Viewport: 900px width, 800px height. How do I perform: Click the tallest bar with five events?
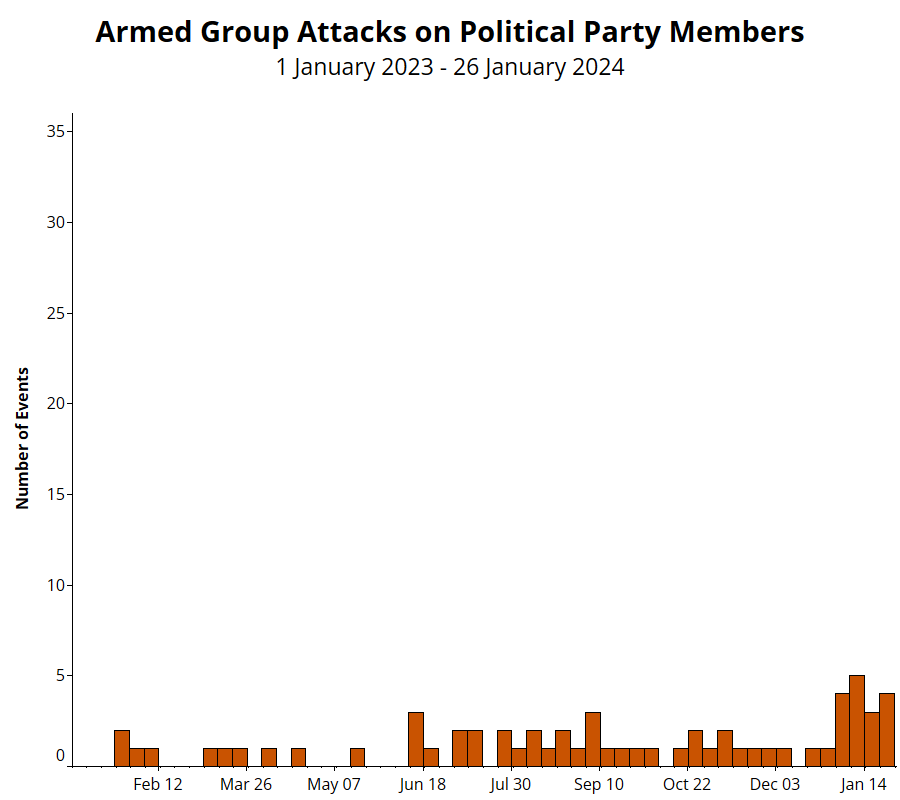pyautogui.click(x=857, y=720)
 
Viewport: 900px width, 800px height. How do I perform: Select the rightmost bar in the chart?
pyautogui.click(x=887, y=729)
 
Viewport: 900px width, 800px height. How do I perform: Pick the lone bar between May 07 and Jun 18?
pyautogui.click(x=357, y=757)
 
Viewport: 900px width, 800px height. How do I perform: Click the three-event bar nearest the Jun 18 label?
pyautogui.click(x=416, y=739)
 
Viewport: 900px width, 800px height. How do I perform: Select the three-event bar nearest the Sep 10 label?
pyautogui.click(x=593, y=739)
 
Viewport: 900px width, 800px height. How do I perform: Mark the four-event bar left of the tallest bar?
pyautogui.click(x=842, y=729)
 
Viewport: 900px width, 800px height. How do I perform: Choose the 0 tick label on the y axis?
pyautogui.click(x=60, y=757)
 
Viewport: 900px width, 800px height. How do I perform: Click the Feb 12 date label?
pyautogui.click(x=158, y=784)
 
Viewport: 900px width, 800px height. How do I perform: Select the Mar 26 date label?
pyautogui.click(x=246, y=784)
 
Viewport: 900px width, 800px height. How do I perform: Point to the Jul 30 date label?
pyautogui.click(x=510, y=784)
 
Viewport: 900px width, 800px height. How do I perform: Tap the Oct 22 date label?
pyautogui.click(x=687, y=784)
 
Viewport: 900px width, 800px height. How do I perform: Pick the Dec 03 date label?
pyautogui.click(x=775, y=784)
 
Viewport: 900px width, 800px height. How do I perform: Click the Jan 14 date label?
pyautogui.click(x=863, y=784)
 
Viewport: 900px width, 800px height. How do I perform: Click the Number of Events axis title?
pyautogui.click(x=23, y=439)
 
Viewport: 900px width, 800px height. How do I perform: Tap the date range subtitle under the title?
pyautogui.click(x=450, y=68)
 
